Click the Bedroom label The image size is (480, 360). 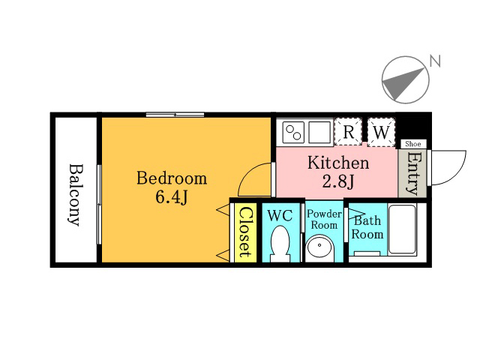click(172, 178)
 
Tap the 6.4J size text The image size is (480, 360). click(172, 197)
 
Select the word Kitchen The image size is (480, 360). click(338, 163)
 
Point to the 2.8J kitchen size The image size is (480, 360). click(338, 181)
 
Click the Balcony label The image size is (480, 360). click(75, 195)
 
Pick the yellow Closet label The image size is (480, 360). click(246, 232)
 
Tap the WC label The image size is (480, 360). click(280, 216)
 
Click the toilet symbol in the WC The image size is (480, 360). click(280, 244)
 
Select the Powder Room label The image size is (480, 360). click(325, 219)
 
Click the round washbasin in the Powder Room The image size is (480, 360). click(320, 247)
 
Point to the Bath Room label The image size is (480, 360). click(367, 227)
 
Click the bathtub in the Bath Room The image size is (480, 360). click(402, 229)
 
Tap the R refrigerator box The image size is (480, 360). click(348, 132)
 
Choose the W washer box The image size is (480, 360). click(381, 132)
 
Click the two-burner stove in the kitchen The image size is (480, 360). click(293, 132)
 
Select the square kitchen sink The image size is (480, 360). click(319, 132)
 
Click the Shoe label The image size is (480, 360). click(413, 144)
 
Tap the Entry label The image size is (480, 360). click(412, 173)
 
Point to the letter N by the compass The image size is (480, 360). click(435, 61)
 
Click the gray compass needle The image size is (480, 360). click(402, 82)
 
